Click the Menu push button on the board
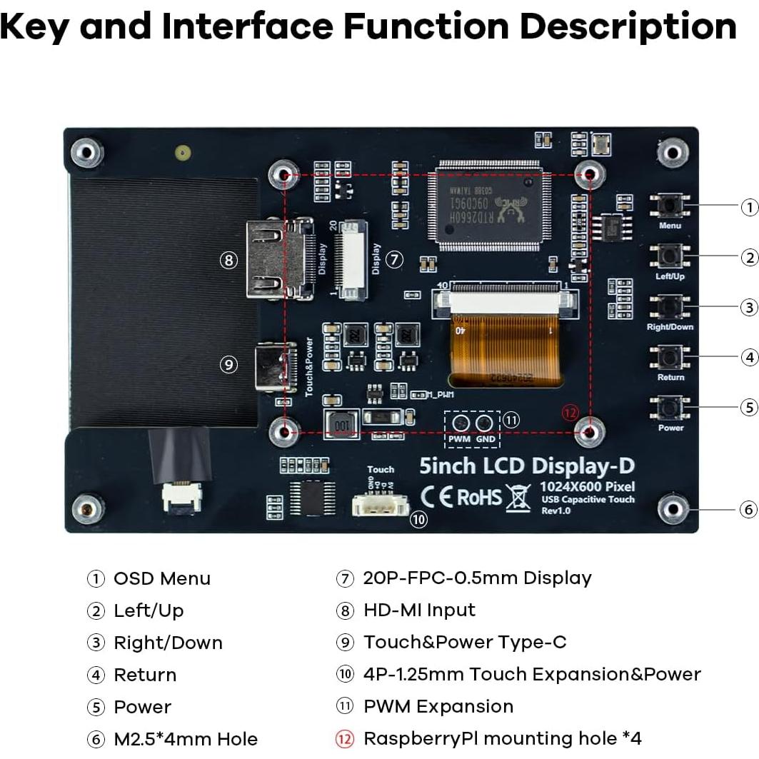click(x=670, y=205)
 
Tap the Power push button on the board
click(x=670, y=408)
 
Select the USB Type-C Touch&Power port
click(x=276, y=367)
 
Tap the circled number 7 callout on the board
click(x=395, y=260)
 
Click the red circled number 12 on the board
click(x=569, y=413)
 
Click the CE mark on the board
click(x=436, y=496)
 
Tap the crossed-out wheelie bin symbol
click(x=518, y=498)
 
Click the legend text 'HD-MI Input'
click(x=419, y=610)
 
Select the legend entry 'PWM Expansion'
click(x=438, y=707)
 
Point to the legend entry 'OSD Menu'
click(x=162, y=578)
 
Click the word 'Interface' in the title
click(x=248, y=27)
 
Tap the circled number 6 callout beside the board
click(x=748, y=510)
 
